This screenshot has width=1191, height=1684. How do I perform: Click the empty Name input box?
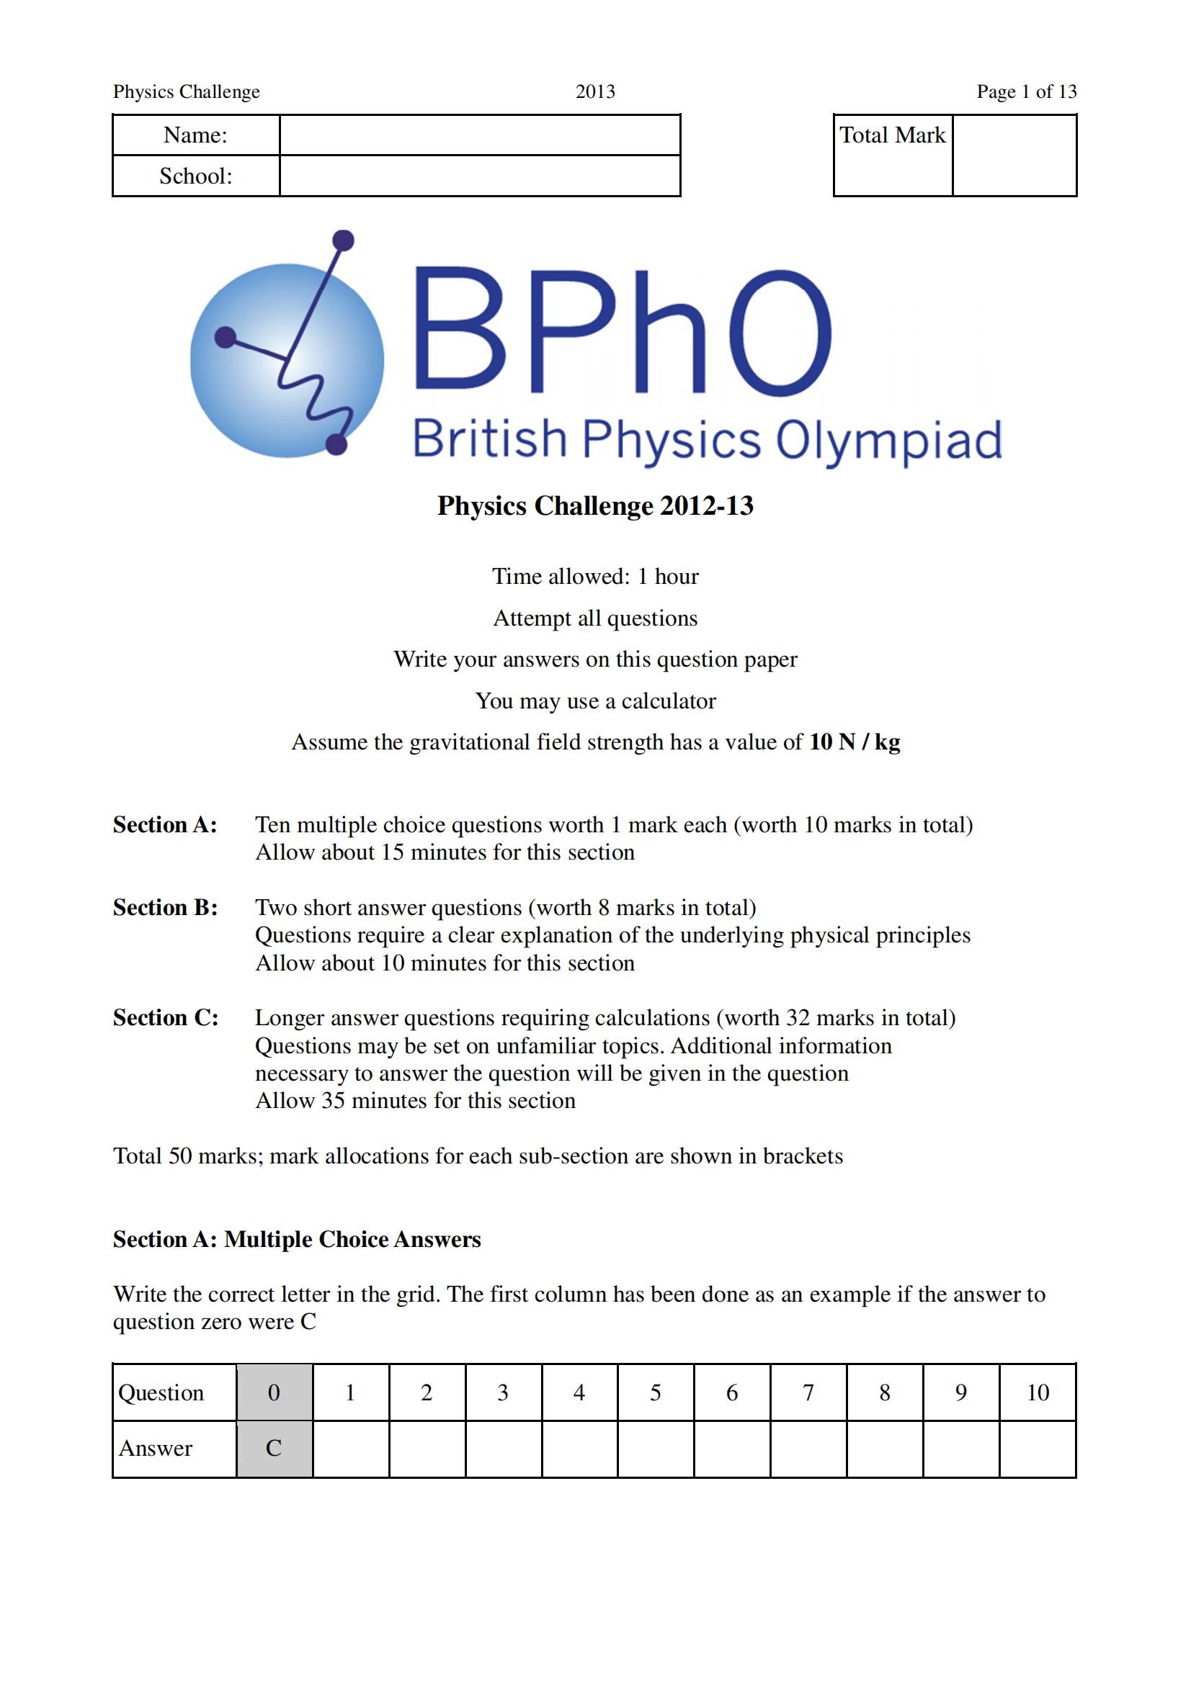click(x=479, y=135)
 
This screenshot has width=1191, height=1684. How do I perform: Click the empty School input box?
click(x=479, y=176)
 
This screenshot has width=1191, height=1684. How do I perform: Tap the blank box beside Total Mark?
click(x=1014, y=156)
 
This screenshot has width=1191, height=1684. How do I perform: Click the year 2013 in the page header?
click(x=595, y=91)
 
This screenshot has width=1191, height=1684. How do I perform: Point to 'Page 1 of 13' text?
click(x=1026, y=91)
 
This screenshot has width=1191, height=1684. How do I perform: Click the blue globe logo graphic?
click(x=287, y=359)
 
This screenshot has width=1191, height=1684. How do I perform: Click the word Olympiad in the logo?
click(x=888, y=441)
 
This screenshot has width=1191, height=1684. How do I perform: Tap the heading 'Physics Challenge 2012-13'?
click(x=595, y=506)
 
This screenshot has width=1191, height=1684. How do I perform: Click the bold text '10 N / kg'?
click(x=855, y=742)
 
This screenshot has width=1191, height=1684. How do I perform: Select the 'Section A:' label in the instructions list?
click(x=165, y=825)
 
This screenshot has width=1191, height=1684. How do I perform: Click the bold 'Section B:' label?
click(x=165, y=908)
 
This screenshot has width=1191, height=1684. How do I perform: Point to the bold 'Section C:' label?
click(x=165, y=1018)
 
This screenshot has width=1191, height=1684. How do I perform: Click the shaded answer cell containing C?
click(x=274, y=1449)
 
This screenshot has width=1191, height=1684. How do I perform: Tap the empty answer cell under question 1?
click(x=351, y=1449)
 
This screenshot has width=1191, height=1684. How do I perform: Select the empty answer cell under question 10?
click(x=1037, y=1449)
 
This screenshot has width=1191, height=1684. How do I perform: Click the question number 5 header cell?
click(x=656, y=1393)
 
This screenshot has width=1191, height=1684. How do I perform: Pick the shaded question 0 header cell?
click(x=274, y=1393)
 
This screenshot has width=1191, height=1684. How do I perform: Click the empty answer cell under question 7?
click(x=808, y=1449)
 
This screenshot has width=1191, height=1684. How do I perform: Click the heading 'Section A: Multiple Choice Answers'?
click(x=296, y=1240)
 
